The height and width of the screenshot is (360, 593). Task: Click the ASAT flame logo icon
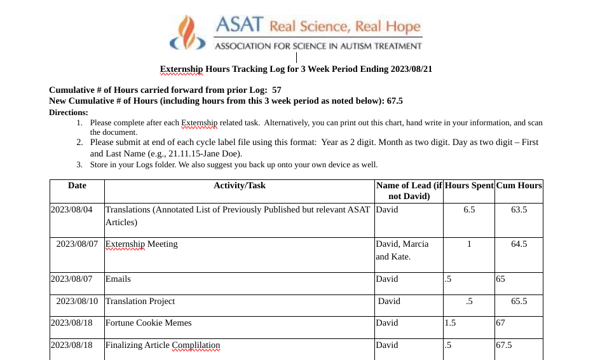tap(188, 33)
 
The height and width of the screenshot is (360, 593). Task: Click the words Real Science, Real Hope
tap(345, 26)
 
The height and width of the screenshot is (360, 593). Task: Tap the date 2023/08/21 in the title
tap(409, 69)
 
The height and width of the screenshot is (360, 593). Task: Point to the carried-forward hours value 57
tap(276, 90)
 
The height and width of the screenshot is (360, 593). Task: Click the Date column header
tap(77, 186)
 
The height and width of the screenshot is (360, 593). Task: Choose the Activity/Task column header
tap(240, 186)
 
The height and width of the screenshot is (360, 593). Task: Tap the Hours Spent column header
tap(469, 186)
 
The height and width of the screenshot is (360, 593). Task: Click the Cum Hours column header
tap(519, 186)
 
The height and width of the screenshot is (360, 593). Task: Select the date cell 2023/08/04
tap(71, 210)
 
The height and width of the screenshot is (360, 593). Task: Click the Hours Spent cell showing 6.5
tap(469, 210)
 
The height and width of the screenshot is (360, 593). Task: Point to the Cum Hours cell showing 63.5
tap(519, 210)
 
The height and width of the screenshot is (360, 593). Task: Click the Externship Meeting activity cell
tap(142, 244)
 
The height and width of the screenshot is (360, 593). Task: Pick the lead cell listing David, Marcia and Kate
tap(402, 251)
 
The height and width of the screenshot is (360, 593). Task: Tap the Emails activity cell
tap(118, 279)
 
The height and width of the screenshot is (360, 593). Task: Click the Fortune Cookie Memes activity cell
tap(149, 323)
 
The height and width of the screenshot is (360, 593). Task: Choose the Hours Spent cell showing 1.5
tap(451, 323)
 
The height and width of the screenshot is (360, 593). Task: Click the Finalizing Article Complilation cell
tap(163, 345)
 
